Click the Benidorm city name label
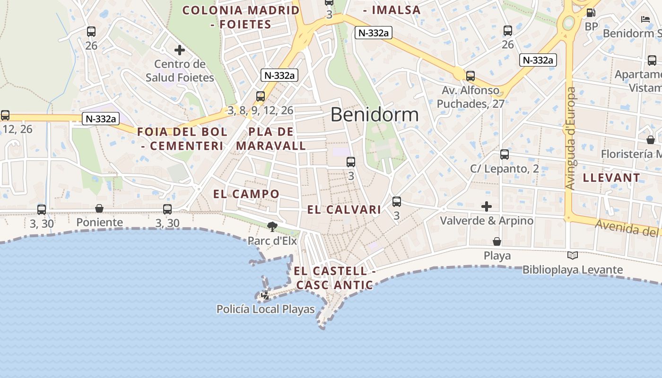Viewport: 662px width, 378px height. [x=375, y=115]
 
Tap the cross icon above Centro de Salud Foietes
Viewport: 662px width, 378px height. [x=180, y=50]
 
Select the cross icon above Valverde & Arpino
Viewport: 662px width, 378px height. [x=487, y=206]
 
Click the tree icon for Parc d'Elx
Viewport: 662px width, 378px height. [x=272, y=227]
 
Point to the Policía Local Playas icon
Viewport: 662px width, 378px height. [x=265, y=295]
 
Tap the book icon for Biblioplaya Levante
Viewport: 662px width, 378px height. [x=573, y=256]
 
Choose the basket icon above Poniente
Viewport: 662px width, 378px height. [x=99, y=208]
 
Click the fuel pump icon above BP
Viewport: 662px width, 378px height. [x=591, y=13]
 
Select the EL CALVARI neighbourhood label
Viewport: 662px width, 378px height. [x=344, y=210]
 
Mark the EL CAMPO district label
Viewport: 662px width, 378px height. [x=246, y=194]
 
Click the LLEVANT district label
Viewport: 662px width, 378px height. [x=611, y=178]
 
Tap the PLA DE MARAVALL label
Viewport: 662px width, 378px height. [x=271, y=139]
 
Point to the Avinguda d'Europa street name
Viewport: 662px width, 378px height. [x=571, y=138]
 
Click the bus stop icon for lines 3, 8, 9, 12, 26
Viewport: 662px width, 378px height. [x=261, y=96]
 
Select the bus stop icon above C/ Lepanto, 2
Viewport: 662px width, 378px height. [x=505, y=155]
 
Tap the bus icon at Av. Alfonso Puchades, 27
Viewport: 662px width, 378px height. [x=470, y=76]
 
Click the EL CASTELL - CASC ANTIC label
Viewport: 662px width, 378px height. [x=335, y=278]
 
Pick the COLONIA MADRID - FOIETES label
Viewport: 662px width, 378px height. [x=241, y=17]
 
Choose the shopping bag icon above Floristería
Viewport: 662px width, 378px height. [x=651, y=140]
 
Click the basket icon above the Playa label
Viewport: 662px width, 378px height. [x=497, y=242]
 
